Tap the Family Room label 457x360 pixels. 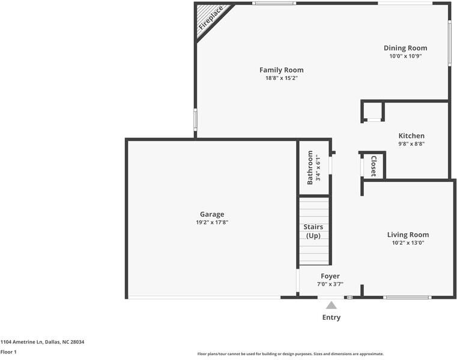(x=282, y=70)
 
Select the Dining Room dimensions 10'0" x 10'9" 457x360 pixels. (x=405, y=56)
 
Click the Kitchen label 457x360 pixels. (x=411, y=136)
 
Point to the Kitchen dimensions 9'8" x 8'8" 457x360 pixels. (x=411, y=143)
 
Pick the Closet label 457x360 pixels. (x=374, y=166)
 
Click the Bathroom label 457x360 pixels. (x=310, y=167)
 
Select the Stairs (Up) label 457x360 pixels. (x=313, y=231)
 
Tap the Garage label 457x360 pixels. (x=212, y=214)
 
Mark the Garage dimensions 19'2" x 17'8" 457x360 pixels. (x=212, y=222)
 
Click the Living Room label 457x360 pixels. (x=408, y=235)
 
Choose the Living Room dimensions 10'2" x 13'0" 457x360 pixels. (x=408, y=242)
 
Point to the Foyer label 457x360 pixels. (x=330, y=276)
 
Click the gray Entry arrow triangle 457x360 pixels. (x=331, y=305)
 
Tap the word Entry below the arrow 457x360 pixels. (x=331, y=317)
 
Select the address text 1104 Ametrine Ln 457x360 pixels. (x=22, y=342)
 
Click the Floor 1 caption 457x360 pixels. (x=8, y=352)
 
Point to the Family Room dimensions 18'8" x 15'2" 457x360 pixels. (x=282, y=78)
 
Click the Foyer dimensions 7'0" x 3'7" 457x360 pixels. (x=330, y=284)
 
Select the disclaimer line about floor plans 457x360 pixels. (x=291, y=354)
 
